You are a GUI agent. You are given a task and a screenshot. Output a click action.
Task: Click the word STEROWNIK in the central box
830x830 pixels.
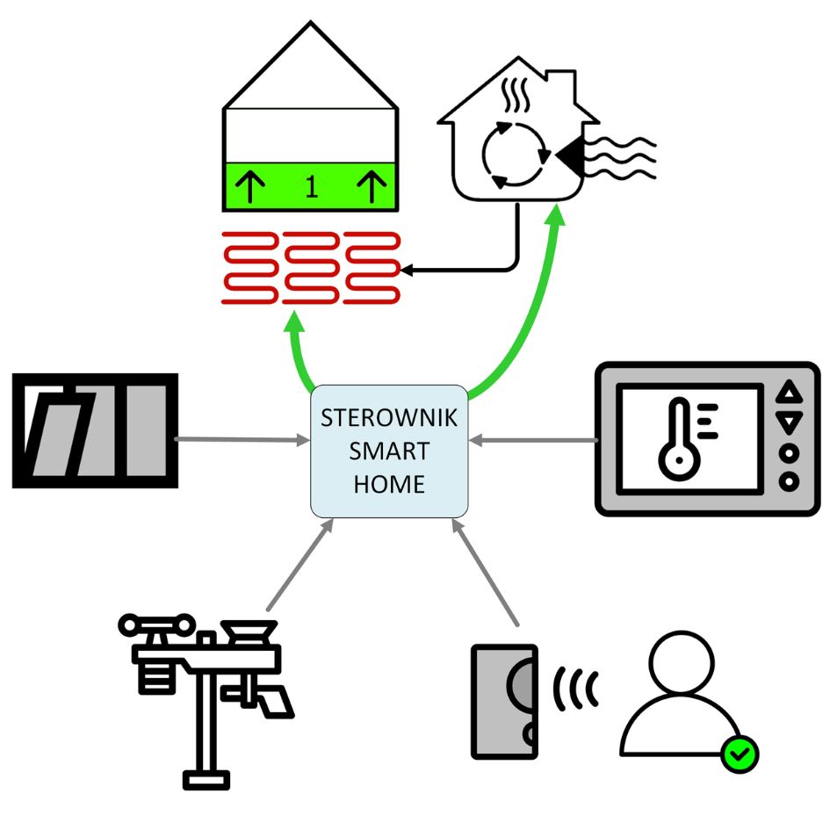point(389,418)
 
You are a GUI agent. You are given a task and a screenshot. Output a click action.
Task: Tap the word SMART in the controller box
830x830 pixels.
point(389,451)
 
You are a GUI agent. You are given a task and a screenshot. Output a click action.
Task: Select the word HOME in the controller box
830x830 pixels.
point(389,484)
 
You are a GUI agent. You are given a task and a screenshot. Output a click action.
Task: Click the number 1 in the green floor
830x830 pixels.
point(311,187)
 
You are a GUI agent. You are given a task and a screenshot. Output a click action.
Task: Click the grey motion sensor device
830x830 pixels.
point(504,701)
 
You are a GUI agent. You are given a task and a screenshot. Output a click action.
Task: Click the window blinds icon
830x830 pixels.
point(95,430)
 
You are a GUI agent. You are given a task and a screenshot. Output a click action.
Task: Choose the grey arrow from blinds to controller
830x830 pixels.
point(237,438)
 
